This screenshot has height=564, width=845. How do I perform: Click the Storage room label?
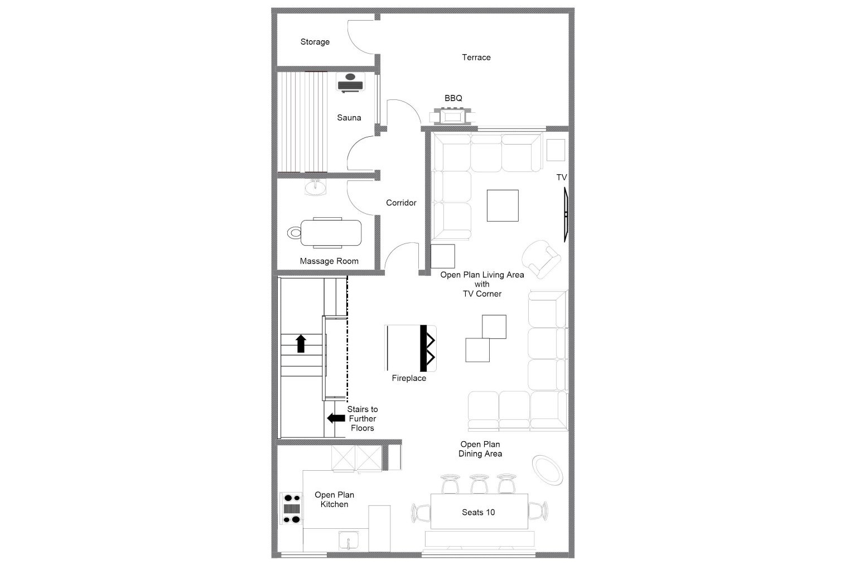pyautogui.click(x=315, y=42)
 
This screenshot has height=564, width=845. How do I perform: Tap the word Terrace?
pyautogui.click(x=476, y=58)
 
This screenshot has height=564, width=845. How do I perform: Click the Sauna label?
pyautogui.click(x=349, y=118)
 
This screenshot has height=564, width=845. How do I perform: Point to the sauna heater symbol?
pyautogui.click(x=350, y=83)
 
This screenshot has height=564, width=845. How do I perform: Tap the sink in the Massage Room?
pyautogui.click(x=316, y=187)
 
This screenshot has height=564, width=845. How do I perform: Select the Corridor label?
pyautogui.click(x=401, y=203)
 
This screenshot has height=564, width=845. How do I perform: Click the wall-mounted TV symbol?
pyautogui.click(x=566, y=214)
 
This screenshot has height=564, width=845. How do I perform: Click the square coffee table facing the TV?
pyautogui.click(x=503, y=205)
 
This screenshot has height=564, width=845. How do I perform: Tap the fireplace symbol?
pyautogui.click(x=411, y=348)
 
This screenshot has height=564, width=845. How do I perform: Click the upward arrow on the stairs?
pyautogui.click(x=301, y=343)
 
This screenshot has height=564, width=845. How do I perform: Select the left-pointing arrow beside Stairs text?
pyautogui.click(x=336, y=418)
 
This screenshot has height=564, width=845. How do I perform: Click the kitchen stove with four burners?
pyautogui.click(x=291, y=508)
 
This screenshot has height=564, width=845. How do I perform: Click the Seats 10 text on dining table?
pyautogui.click(x=478, y=512)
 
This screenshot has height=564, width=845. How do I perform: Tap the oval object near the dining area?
pyautogui.click(x=547, y=470)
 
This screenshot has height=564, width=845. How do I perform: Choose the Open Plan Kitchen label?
pyautogui.click(x=334, y=499)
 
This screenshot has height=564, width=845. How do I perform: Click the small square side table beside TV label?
pyautogui.click(x=556, y=150)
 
